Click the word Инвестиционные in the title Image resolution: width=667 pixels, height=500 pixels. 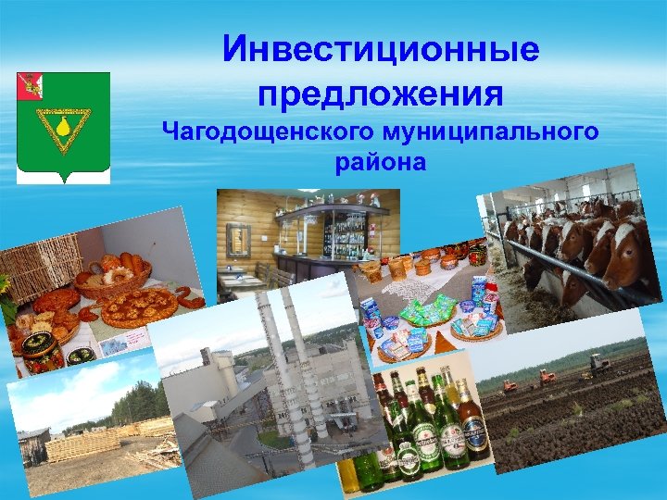(x=381, y=49)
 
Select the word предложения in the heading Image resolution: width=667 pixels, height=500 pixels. (x=381, y=93)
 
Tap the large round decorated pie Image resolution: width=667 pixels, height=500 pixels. (x=139, y=306)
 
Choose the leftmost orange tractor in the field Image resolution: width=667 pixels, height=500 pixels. (x=510, y=381)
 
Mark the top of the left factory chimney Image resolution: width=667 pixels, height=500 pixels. (x=261, y=298)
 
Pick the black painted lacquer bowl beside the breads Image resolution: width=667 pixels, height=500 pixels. (x=43, y=352)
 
